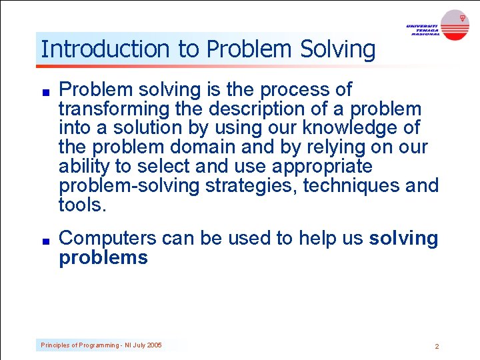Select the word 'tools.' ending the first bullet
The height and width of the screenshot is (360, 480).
click(83, 205)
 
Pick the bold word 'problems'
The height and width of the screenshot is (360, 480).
click(103, 258)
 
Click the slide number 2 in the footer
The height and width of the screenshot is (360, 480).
click(437, 346)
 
